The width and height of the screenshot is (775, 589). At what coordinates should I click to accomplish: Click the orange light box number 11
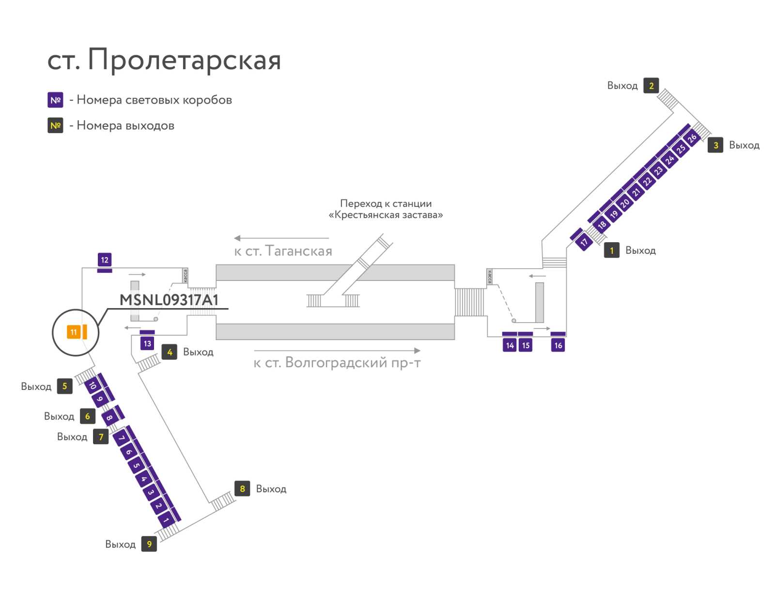[x=74, y=332]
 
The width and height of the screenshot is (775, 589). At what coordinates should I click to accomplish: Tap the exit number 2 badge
[x=651, y=85]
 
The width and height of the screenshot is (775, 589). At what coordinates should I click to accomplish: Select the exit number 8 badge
[x=242, y=488]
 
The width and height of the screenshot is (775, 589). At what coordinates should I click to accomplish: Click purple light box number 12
[x=105, y=260]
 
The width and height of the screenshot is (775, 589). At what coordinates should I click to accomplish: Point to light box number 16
[x=558, y=345]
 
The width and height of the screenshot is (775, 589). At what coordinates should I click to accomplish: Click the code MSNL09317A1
[x=169, y=300]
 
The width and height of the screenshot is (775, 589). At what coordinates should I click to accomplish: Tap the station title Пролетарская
[x=184, y=60]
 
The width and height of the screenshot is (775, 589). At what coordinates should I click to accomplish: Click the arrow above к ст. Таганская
[x=281, y=238]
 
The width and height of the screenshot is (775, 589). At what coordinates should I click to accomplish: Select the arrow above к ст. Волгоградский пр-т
[x=337, y=350]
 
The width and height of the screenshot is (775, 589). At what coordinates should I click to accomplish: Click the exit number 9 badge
[x=149, y=544]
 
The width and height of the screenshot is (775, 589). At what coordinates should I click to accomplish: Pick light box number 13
[x=147, y=343]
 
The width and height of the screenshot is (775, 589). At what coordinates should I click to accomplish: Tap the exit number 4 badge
[x=170, y=352]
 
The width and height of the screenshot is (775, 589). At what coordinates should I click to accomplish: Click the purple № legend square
[x=55, y=100]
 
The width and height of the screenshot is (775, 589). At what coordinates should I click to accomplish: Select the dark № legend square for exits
[x=55, y=125]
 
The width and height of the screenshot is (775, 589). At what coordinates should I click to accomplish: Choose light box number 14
[x=510, y=345]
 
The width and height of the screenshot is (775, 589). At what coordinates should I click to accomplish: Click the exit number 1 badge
[x=612, y=250]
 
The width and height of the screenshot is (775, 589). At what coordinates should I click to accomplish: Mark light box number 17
[x=584, y=242]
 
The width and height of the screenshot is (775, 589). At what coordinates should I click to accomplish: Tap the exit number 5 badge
[x=64, y=386]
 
